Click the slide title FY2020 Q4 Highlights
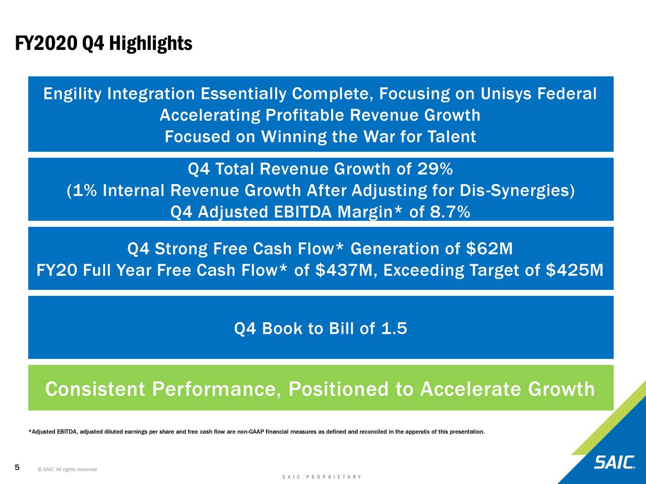103,44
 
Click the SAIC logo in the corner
614,462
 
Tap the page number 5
17,468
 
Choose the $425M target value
574,271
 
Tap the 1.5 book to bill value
394,329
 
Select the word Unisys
506,94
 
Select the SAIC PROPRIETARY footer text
322,477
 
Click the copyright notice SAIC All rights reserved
68,470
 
